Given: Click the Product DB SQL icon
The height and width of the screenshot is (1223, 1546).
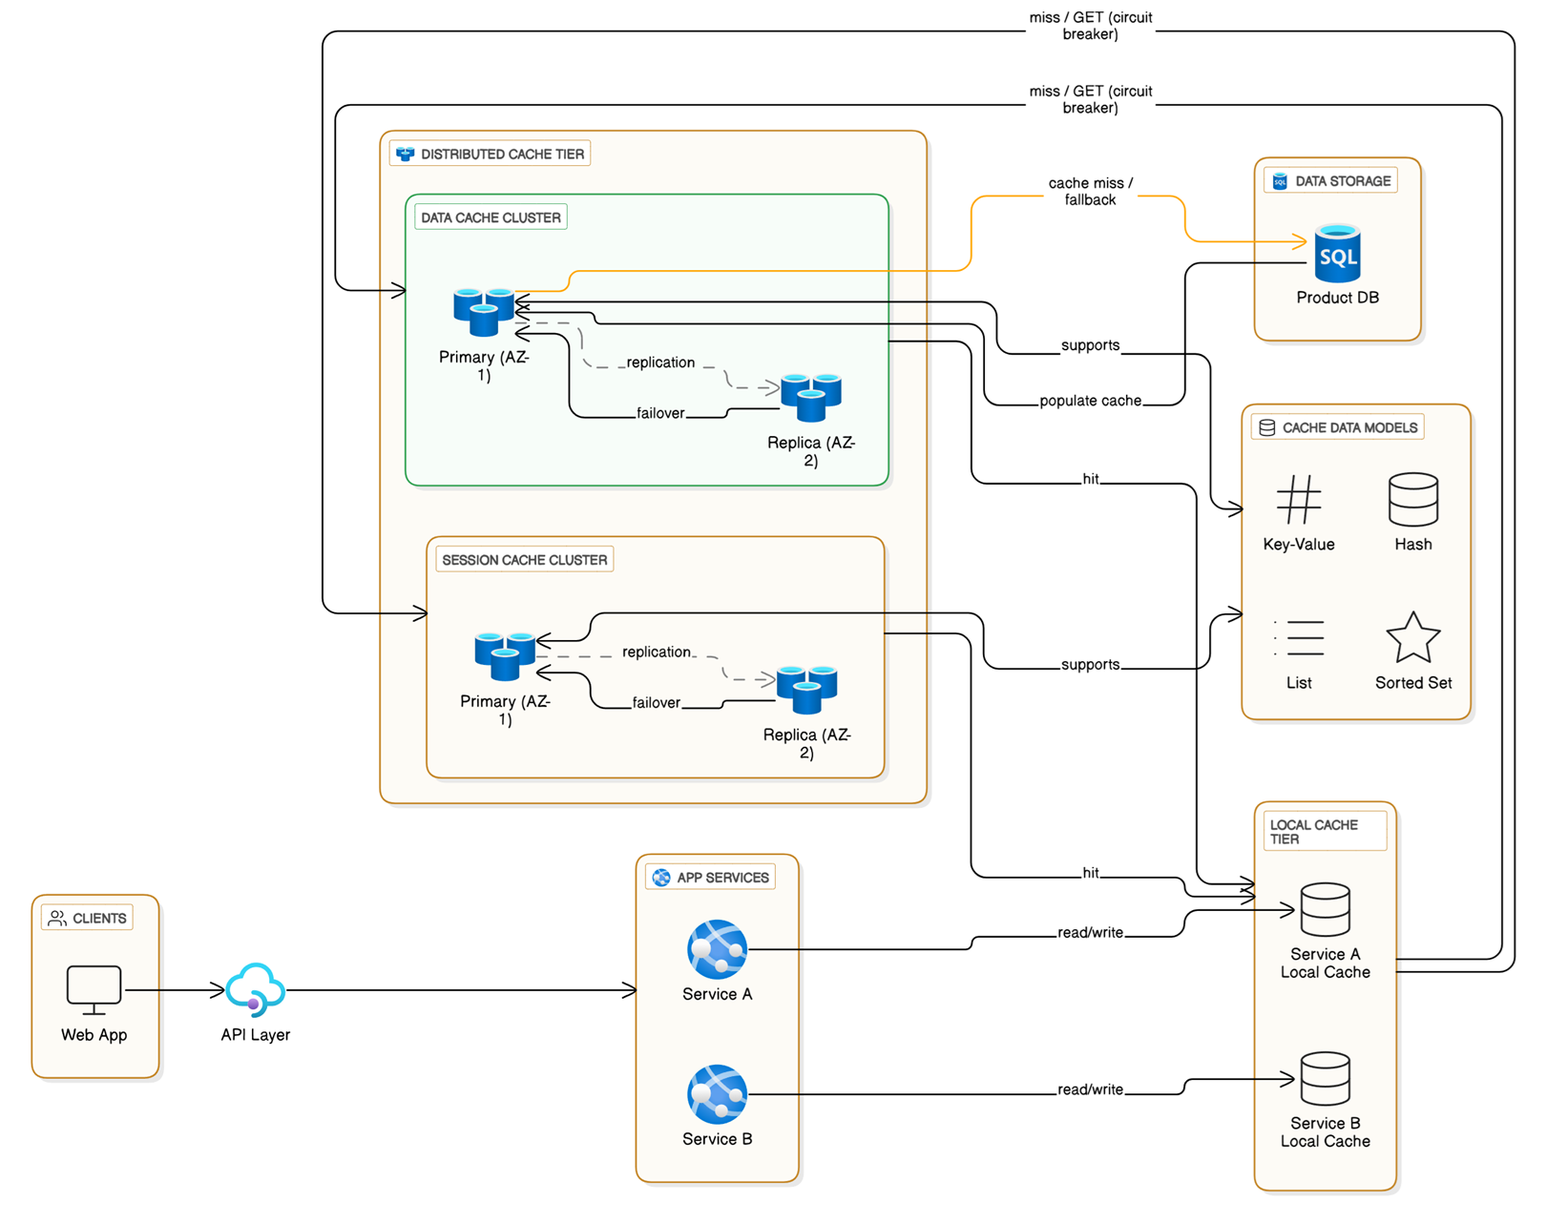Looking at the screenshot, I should [x=1337, y=254].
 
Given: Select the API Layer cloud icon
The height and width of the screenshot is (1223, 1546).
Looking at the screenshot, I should [x=255, y=989].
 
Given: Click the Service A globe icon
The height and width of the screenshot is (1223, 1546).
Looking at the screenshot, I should [x=717, y=949].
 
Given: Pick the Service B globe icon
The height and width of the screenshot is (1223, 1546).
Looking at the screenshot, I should [x=717, y=1094].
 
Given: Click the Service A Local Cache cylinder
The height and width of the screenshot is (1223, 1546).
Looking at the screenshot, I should [x=1325, y=910].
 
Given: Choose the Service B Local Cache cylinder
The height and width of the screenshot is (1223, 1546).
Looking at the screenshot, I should [x=1325, y=1079].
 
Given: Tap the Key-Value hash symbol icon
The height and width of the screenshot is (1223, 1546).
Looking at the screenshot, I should [x=1298, y=500].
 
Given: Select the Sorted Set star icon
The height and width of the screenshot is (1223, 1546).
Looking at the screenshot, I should [x=1412, y=638].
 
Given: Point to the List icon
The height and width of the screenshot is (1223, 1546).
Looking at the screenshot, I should [x=1298, y=638].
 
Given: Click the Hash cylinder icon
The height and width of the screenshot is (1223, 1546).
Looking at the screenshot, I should [x=1412, y=500].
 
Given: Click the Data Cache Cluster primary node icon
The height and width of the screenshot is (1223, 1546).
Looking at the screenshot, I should [x=484, y=311].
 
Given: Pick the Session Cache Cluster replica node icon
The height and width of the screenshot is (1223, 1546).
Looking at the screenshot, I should [x=806, y=689].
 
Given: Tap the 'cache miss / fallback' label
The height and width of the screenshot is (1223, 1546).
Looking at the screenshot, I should [x=1090, y=192].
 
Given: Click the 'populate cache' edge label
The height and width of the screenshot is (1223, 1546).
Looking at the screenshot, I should [x=1090, y=401].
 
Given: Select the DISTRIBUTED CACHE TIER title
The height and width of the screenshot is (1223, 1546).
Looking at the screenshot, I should [x=502, y=155].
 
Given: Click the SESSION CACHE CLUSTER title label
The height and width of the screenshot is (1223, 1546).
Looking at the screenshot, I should [x=524, y=560].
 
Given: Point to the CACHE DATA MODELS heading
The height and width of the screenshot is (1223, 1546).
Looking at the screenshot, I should [x=1348, y=428].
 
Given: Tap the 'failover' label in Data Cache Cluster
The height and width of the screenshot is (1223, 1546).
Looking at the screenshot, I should [x=660, y=413].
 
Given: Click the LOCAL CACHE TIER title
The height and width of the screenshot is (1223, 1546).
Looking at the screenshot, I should [x=1313, y=832].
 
